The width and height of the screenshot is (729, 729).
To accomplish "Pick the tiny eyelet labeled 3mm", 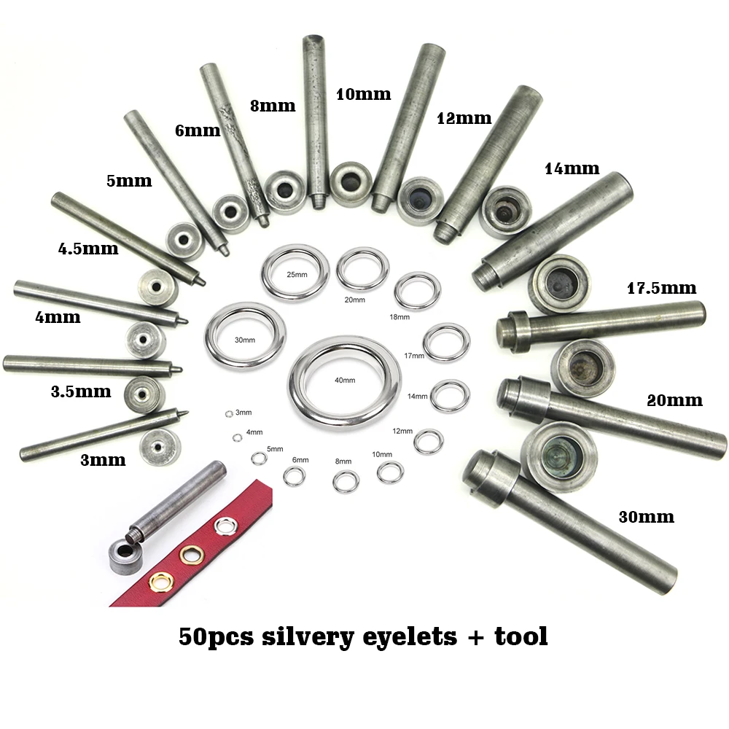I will point(228,414).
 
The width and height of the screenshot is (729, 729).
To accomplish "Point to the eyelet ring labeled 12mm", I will point(428,440).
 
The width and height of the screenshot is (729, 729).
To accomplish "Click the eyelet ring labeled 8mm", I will point(346,480).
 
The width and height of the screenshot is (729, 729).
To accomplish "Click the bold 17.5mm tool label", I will point(661,288).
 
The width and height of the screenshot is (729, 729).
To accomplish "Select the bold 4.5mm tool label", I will point(87,249).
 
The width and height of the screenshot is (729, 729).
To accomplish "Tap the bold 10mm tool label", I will point(363,94).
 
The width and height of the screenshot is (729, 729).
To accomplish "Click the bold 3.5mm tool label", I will point(81,391).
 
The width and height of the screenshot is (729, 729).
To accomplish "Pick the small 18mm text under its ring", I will point(399,317).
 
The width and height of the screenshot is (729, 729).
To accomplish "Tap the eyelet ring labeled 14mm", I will point(445,395).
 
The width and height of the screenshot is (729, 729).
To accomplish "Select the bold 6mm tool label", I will point(197,130).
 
